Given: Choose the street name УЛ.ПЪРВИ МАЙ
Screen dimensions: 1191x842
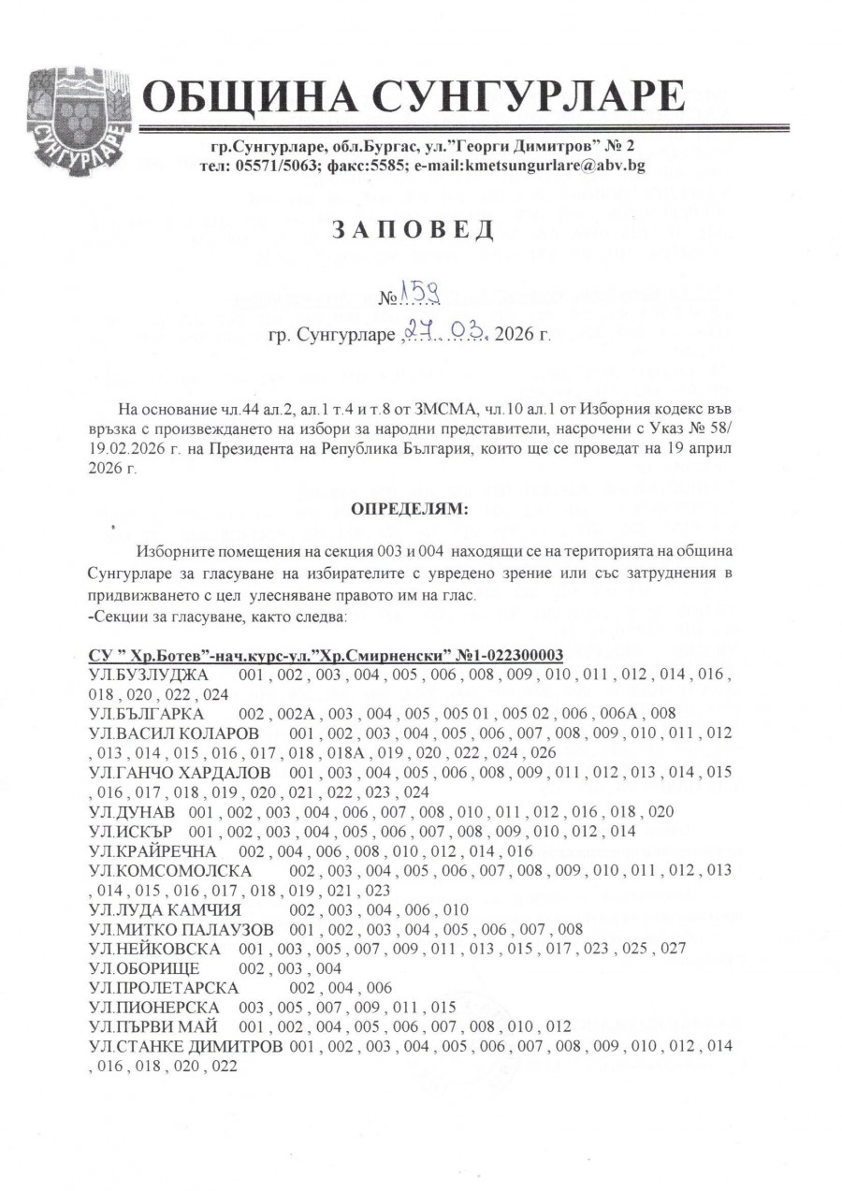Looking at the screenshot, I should point(151,1025).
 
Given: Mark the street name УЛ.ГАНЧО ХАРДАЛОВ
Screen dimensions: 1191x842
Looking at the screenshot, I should point(177,773).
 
